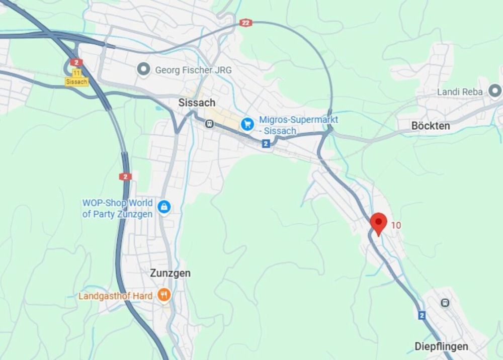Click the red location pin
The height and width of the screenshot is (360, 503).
[378, 222]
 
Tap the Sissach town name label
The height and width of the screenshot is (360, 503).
[197, 103]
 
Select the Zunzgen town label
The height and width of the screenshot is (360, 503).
[170, 274]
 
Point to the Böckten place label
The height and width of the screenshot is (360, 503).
[431, 126]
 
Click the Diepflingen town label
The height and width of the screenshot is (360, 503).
[441, 346]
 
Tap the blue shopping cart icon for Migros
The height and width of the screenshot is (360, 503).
[247, 123]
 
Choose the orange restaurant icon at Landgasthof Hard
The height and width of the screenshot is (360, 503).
[163, 295]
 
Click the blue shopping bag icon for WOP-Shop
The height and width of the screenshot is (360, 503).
[164, 206]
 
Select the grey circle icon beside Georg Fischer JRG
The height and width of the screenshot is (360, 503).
[144, 69]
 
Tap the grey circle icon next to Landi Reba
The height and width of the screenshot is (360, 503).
[495, 92]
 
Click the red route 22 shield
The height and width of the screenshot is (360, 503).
[245, 23]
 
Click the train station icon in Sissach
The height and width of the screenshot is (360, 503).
[209, 123]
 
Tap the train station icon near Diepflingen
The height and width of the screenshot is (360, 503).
[445, 303]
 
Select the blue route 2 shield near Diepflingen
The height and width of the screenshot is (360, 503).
[422, 315]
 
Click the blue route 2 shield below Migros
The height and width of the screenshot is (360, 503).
[266, 144]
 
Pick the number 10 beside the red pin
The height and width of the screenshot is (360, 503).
[396, 225]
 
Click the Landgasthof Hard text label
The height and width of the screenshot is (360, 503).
[115, 296]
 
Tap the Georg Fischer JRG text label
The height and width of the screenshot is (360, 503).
[193, 70]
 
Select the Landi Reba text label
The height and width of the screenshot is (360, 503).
[460, 92]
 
